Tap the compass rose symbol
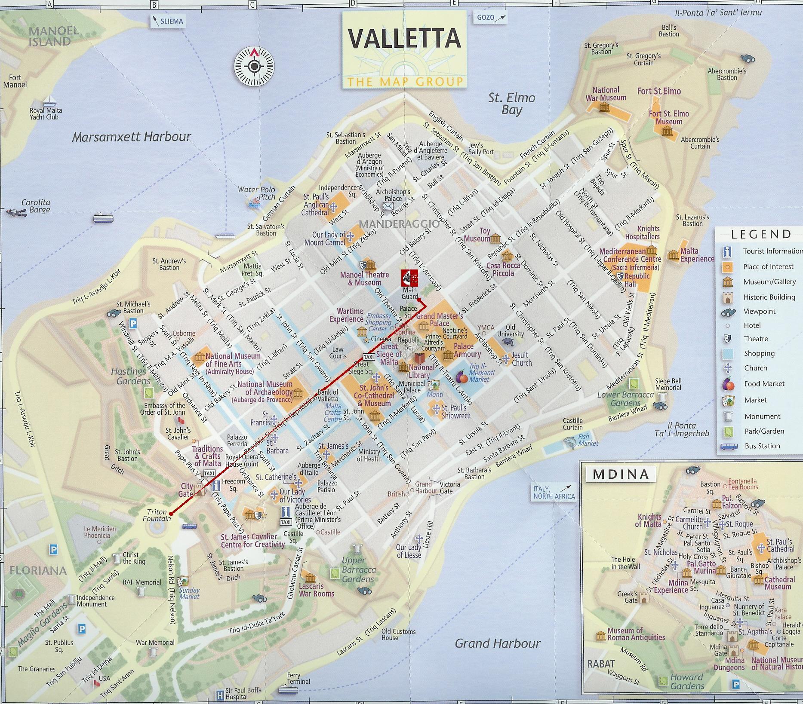(x=254, y=67)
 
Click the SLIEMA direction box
(x=168, y=21)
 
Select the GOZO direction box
(x=491, y=18)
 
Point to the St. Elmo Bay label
(x=511, y=104)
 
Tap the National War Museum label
(x=606, y=94)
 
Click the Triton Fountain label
(x=157, y=515)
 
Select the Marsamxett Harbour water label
(x=131, y=137)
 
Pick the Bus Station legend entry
(x=762, y=446)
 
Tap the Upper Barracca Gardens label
(x=359, y=569)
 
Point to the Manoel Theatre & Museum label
(x=364, y=279)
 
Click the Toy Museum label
(x=477, y=235)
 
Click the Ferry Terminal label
(x=298, y=678)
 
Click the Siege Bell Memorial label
(x=668, y=384)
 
